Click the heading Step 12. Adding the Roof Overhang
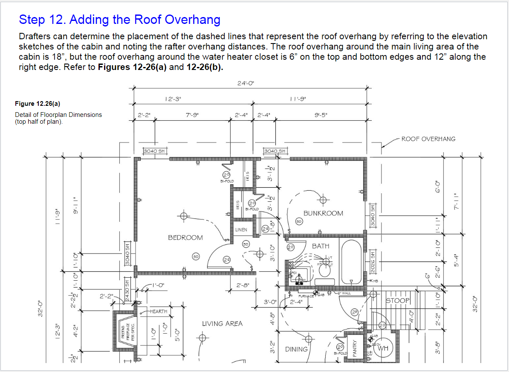(120, 20)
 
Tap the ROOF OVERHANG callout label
(428, 139)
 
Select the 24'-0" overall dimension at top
(246, 83)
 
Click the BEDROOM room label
(185, 237)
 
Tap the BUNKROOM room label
(323, 213)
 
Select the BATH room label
(321, 246)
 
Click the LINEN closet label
(241, 230)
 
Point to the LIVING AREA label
(222, 323)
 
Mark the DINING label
(296, 349)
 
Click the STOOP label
(397, 300)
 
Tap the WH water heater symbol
(383, 348)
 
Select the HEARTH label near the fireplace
(158, 311)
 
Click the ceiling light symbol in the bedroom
(184, 216)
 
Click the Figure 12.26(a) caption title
(38, 103)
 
